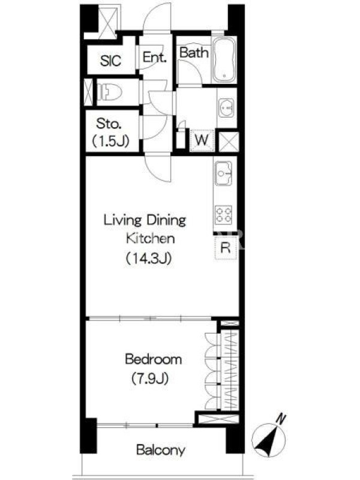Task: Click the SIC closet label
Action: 110,61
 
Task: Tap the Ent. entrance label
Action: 155,57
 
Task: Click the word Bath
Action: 194,53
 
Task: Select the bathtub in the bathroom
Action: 224,59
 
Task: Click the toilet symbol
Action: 110,92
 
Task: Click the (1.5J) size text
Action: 111,141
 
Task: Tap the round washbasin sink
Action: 227,108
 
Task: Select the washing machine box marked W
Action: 202,140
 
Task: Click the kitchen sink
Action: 224,173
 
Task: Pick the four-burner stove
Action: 224,215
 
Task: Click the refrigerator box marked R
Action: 226,248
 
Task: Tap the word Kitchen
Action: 151,238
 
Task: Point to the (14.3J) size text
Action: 149,259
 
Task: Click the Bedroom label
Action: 154,359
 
